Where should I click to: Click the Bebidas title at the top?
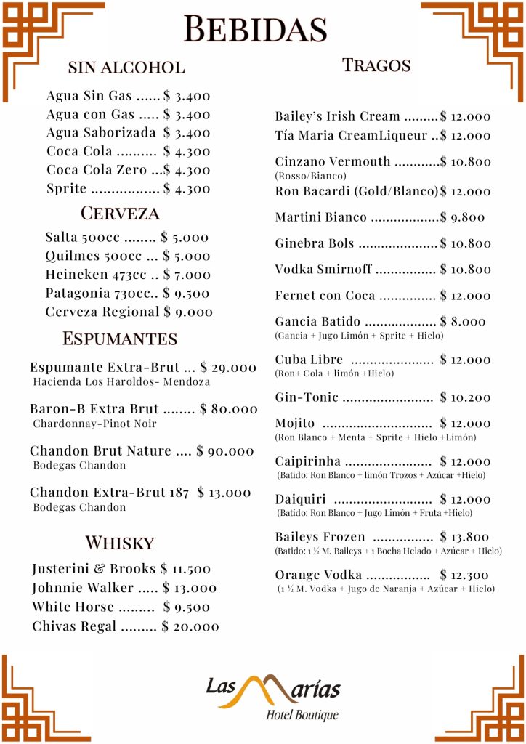pos(256,29)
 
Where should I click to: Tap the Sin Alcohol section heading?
pos(126,68)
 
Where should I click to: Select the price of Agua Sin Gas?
pos(187,96)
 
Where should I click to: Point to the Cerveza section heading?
pos(120,214)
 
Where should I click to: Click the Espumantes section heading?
pos(120,339)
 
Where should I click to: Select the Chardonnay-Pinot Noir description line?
pos(94,424)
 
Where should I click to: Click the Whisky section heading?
pos(120,543)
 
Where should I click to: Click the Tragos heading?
pos(376,65)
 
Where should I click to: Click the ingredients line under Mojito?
pos(375,437)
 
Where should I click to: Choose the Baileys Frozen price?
pos(464,537)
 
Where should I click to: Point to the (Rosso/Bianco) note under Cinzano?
pos(310,176)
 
